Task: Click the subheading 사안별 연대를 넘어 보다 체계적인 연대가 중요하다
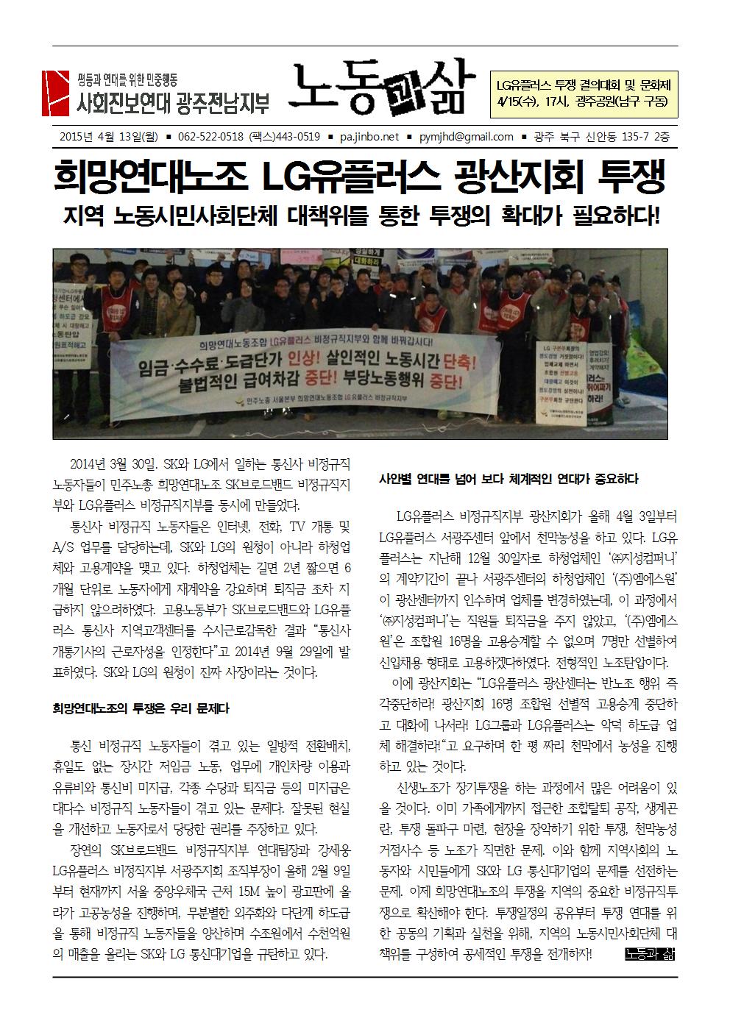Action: click(x=508, y=480)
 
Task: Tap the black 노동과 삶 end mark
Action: click(x=649, y=955)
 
